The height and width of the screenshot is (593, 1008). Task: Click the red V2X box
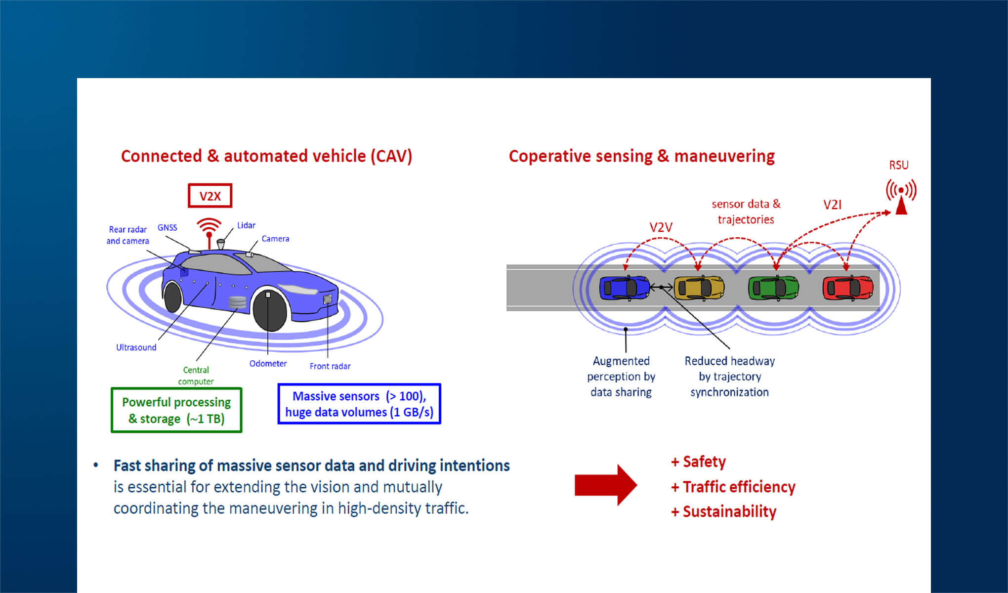(210, 196)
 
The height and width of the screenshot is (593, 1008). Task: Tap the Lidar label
(246, 225)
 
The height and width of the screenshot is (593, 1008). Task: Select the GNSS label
(167, 228)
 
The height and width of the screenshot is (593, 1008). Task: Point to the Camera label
(275, 239)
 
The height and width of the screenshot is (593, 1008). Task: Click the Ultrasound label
(136, 347)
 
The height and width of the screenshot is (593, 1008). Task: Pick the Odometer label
(268, 363)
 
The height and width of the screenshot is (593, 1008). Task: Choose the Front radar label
(330, 366)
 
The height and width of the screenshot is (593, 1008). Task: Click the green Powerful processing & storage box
(176, 410)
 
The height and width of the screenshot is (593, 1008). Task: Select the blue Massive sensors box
(359, 404)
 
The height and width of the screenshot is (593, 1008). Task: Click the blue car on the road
(624, 288)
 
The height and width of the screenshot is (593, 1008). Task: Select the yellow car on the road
(699, 288)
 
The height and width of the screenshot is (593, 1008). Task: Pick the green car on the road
(773, 288)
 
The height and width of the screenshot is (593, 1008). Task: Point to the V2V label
(661, 227)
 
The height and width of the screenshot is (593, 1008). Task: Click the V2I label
(833, 205)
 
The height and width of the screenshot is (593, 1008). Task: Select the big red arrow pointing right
(605, 485)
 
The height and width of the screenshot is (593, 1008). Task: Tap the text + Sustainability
(724, 511)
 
